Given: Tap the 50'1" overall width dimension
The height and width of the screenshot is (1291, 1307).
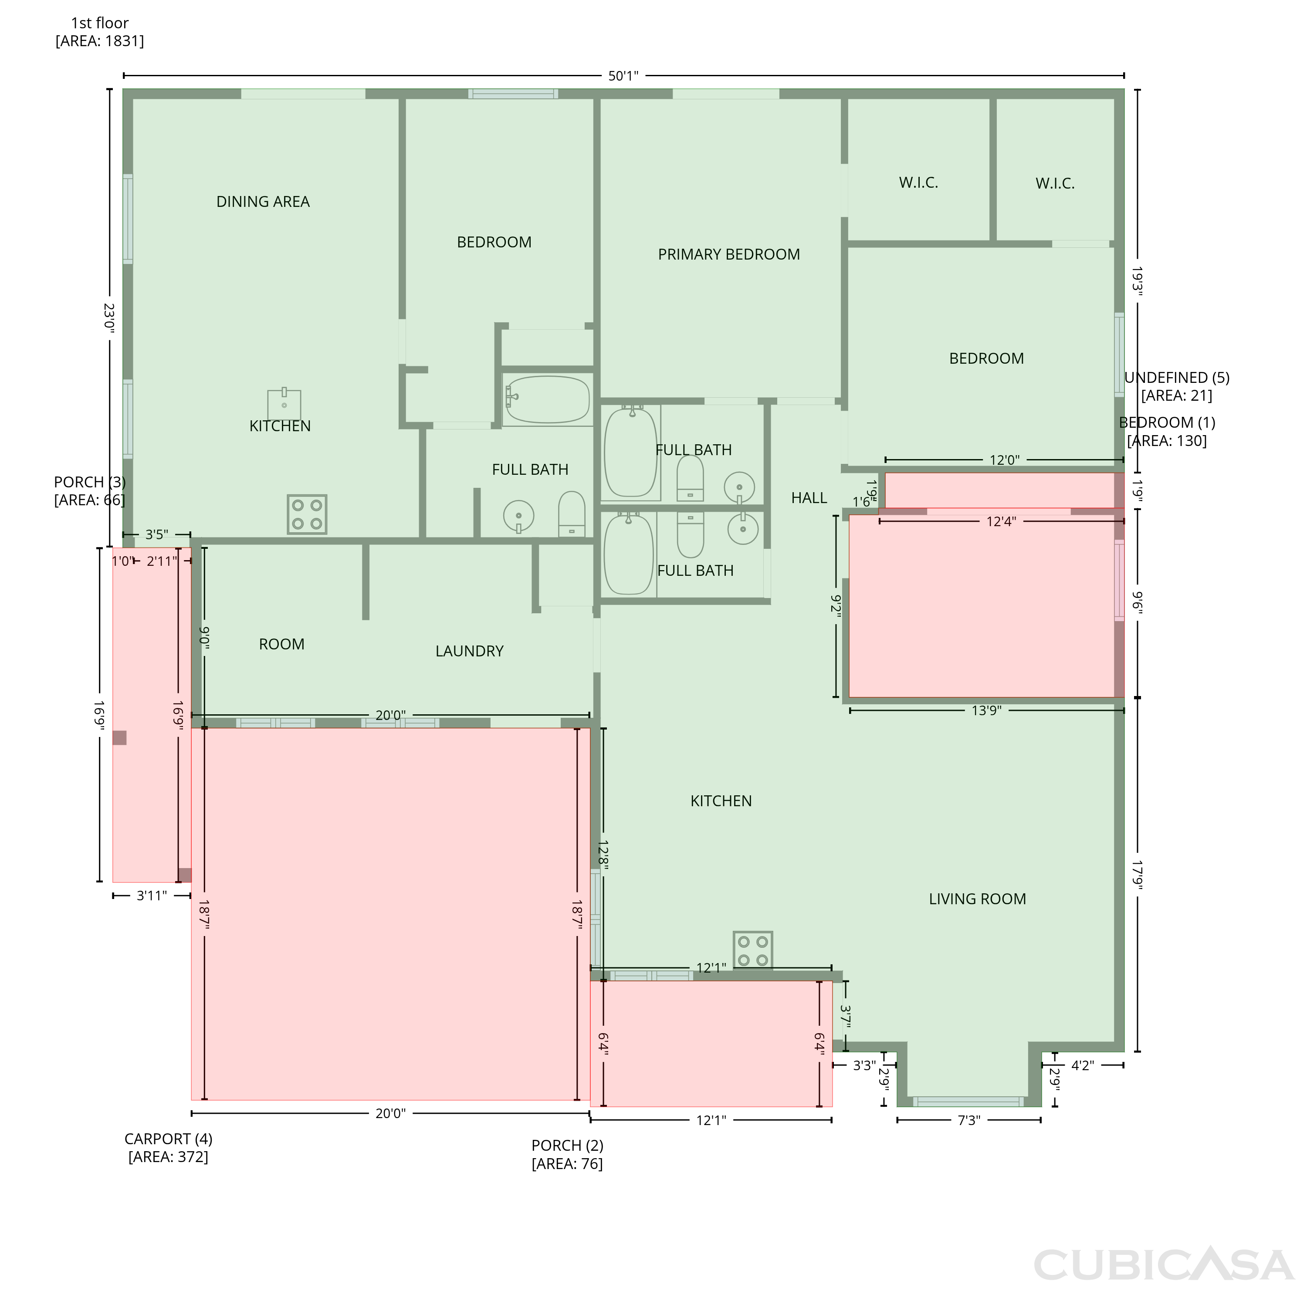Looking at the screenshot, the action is point(623,76).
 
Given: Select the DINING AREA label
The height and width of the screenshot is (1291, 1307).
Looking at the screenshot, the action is point(263,202).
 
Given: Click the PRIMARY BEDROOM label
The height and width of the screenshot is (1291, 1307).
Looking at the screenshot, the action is point(728,254).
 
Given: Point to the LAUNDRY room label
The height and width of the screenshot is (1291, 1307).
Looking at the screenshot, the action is point(470,651).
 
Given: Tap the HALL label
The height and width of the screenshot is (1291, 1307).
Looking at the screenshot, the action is point(809,498).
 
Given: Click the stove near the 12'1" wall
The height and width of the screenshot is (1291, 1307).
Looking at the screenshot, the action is point(753,950).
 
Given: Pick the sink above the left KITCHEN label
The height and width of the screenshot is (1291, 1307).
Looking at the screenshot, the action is point(284,404).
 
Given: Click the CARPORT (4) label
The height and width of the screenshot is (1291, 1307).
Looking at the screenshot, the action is point(169,1139).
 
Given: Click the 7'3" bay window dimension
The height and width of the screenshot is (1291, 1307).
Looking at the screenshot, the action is point(969,1121).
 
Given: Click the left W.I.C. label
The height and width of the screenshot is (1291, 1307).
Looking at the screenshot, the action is point(918,182).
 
